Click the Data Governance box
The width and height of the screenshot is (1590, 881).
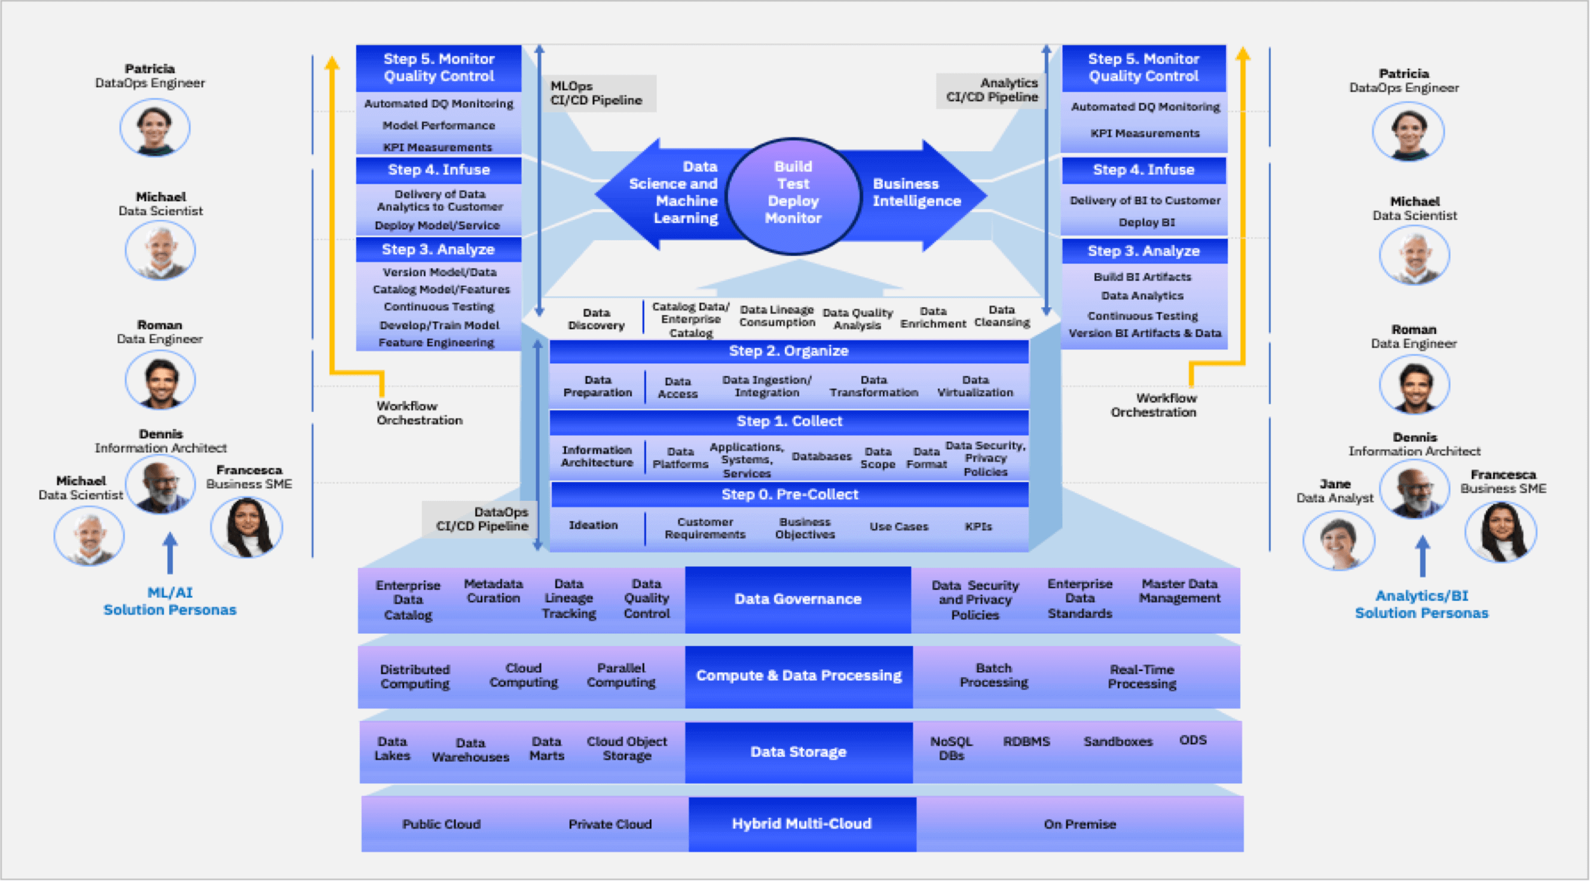tap(797, 599)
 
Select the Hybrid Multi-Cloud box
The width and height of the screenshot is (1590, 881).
tap(801, 824)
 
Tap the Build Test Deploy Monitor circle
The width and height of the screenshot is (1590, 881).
tap(793, 192)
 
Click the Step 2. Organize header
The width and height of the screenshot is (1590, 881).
tap(788, 351)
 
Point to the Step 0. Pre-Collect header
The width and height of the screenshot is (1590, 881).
tap(790, 494)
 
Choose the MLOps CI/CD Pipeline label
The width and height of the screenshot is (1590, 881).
tap(597, 93)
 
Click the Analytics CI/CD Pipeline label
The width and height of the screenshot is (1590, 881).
tap(992, 90)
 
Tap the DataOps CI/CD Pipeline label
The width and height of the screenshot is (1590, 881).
tap(482, 519)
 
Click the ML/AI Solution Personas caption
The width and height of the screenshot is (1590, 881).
tap(170, 601)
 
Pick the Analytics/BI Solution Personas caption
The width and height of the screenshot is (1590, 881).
tap(1421, 604)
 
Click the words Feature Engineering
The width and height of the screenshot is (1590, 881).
tap(436, 342)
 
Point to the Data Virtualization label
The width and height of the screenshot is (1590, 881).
tap(976, 387)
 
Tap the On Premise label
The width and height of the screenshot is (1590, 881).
tap(1080, 824)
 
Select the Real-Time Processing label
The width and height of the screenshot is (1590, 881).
tap(1142, 677)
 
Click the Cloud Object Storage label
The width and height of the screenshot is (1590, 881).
tap(626, 749)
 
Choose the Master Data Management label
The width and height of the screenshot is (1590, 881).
tap(1179, 591)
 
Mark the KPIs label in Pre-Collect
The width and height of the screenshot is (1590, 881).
tap(979, 527)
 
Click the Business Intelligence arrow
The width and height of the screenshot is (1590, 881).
tap(916, 192)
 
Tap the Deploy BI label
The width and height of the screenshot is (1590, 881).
tap(1146, 222)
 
